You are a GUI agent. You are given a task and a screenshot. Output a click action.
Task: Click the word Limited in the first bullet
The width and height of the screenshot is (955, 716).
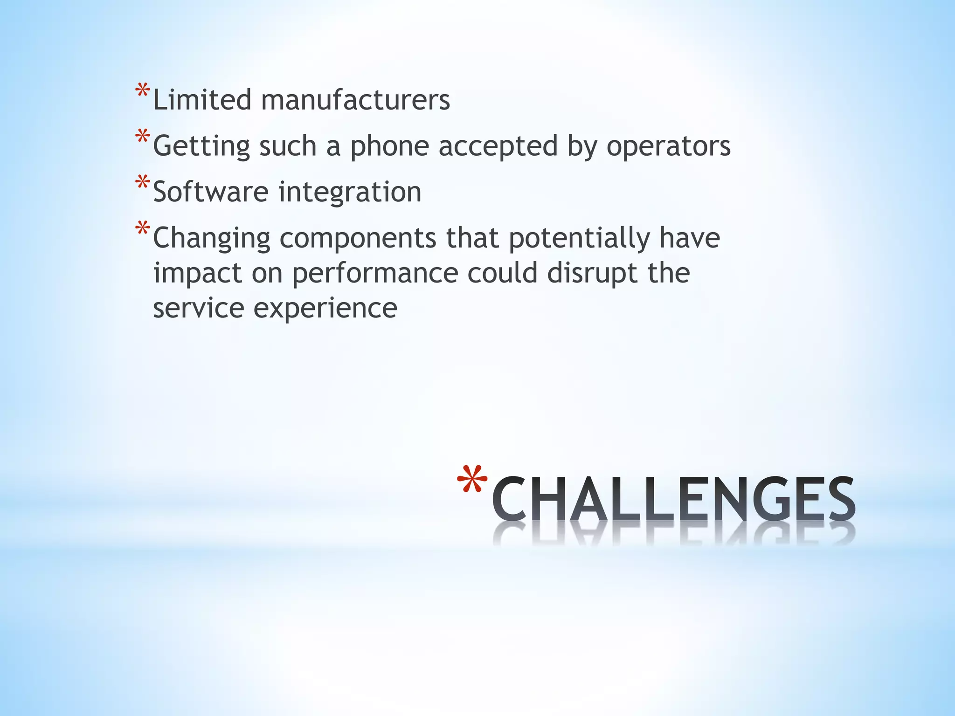[x=202, y=100]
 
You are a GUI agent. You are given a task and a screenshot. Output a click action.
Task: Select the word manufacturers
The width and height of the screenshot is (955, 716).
[x=355, y=100]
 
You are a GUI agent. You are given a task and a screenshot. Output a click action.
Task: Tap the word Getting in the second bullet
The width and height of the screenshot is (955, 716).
[x=201, y=146]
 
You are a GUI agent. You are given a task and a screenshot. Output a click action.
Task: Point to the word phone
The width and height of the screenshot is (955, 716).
[x=389, y=146]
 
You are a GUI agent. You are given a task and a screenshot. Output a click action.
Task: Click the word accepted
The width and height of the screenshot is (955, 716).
[x=498, y=146]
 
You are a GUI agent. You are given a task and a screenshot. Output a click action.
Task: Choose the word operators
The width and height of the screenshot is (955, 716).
[x=668, y=146]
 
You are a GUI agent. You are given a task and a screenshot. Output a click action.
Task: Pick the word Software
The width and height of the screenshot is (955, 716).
[x=211, y=192]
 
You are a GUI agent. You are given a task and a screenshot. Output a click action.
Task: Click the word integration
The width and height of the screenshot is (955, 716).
[x=350, y=192]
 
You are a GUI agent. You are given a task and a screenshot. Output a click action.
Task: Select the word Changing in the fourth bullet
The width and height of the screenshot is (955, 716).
[x=212, y=238]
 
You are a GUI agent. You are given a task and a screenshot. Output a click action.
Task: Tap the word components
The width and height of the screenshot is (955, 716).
[x=358, y=238]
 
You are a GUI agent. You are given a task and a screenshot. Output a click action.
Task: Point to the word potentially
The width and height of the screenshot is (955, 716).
[x=579, y=238]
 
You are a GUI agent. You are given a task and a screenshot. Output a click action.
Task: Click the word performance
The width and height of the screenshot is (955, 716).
[x=375, y=273]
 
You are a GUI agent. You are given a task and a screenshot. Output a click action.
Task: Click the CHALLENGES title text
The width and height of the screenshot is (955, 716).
[x=673, y=499]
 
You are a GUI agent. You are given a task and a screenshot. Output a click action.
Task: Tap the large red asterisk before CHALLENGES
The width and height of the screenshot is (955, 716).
[x=472, y=480]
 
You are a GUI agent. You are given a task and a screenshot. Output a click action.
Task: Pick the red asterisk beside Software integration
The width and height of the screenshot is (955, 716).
[x=142, y=182]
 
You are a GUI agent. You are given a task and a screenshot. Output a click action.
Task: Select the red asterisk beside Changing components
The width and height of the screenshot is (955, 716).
[x=142, y=229]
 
